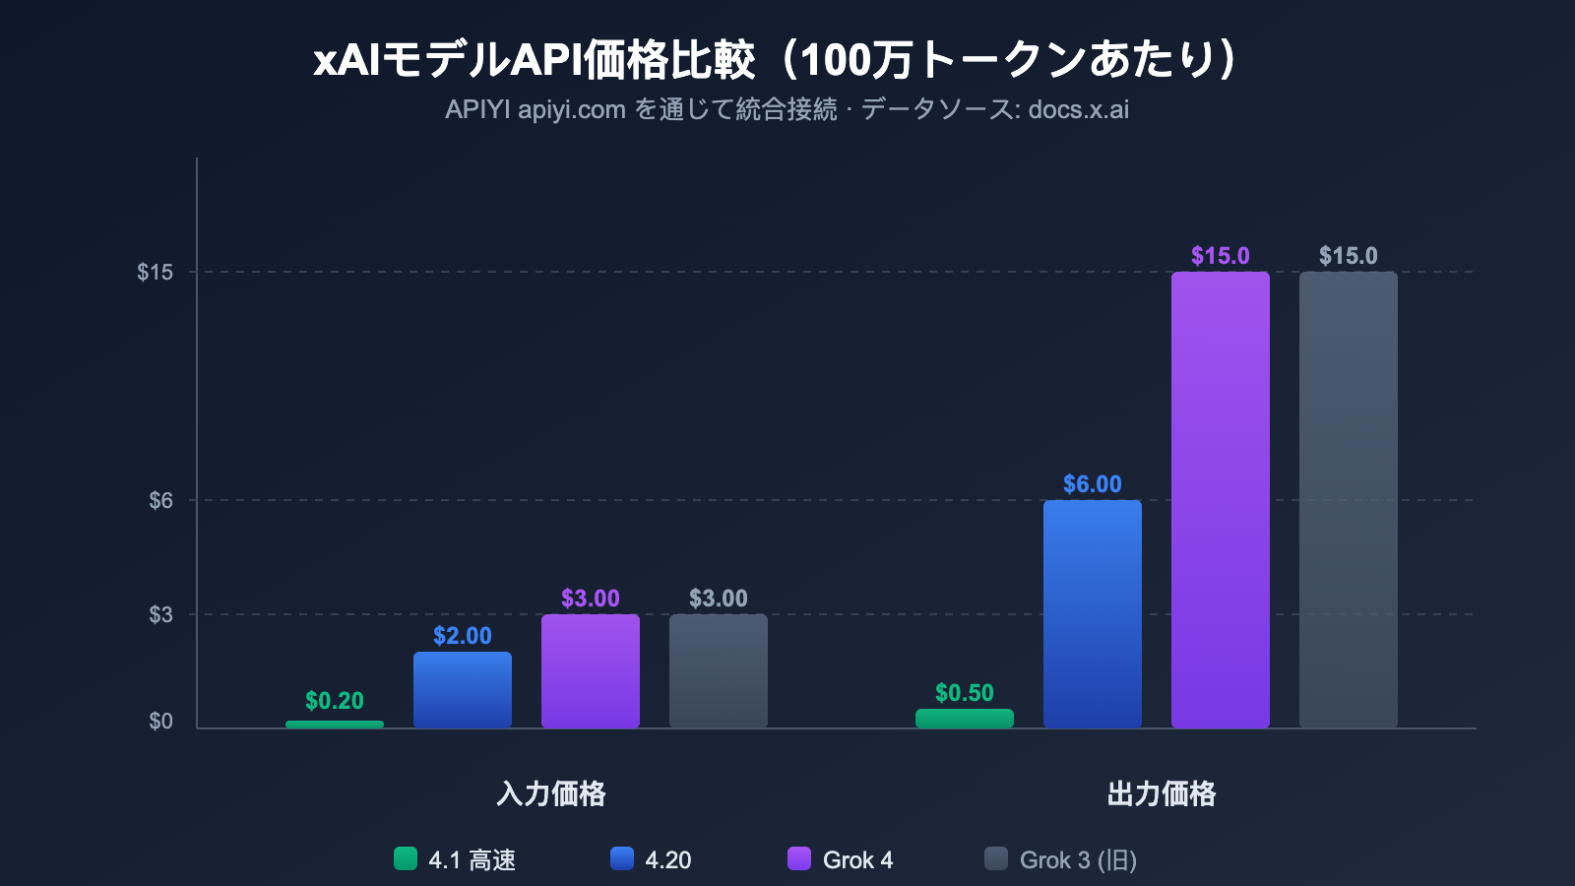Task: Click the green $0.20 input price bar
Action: (335, 725)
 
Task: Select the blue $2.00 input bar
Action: (463, 690)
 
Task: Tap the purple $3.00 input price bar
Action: (591, 671)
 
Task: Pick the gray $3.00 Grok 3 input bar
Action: (719, 671)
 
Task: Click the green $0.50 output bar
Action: (965, 719)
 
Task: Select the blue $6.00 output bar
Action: (1093, 614)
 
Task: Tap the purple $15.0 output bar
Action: (1221, 500)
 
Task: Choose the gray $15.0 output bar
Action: (1349, 500)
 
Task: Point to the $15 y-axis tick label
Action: (155, 273)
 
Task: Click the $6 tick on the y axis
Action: (160, 501)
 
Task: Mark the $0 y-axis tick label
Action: (160, 722)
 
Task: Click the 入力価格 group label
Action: (551, 793)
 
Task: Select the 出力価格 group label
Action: (1162, 793)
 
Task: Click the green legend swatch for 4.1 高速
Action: (406, 858)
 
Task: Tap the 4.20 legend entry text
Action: (667, 860)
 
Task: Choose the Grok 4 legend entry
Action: (857, 860)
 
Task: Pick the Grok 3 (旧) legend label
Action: (1078, 860)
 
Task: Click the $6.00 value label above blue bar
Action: (1093, 484)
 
